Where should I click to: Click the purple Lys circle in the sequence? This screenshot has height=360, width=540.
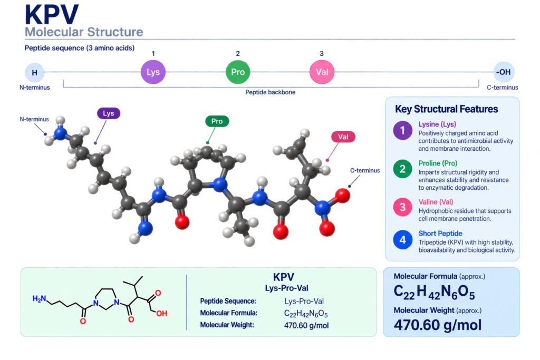[x=153, y=72]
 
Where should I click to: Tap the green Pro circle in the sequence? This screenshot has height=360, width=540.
[x=238, y=72]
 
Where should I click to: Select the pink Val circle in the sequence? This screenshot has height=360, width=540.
[x=322, y=72]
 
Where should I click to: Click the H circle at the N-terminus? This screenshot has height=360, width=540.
[x=34, y=73]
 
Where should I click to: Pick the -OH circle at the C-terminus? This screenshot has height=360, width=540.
[x=504, y=72]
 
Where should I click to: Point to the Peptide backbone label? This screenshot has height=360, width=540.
[x=271, y=92]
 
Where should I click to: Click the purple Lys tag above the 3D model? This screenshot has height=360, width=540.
[x=109, y=113]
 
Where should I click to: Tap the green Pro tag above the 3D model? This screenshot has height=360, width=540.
[x=217, y=121]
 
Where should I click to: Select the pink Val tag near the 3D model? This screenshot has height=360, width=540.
[x=343, y=137]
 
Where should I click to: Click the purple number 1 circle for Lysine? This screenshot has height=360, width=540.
[x=402, y=130]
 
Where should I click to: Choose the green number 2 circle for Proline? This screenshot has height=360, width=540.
[x=402, y=169]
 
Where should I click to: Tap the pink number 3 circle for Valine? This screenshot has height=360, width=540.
[x=402, y=207]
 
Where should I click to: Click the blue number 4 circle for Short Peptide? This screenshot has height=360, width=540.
[x=402, y=239]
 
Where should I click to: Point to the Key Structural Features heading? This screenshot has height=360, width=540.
[x=446, y=109]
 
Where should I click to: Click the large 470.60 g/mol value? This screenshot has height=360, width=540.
[x=438, y=325]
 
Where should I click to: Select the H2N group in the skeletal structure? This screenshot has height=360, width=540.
[x=39, y=299]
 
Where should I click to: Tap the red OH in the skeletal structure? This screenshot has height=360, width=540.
[x=161, y=314]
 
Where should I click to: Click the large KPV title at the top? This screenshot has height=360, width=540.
[x=52, y=14]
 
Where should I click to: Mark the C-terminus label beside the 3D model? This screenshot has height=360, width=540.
[x=365, y=170]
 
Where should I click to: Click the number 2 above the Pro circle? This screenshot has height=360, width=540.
[x=238, y=53]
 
